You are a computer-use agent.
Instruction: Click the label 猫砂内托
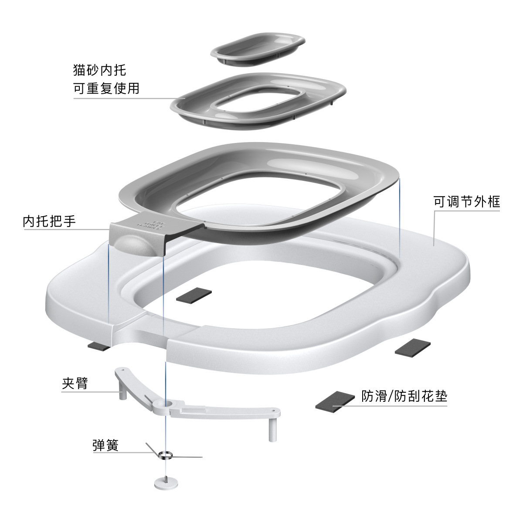click(x=100, y=70)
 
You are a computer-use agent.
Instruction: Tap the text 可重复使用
click(x=106, y=88)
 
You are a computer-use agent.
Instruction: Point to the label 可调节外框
click(x=467, y=201)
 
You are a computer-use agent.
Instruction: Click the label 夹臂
click(x=75, y=384)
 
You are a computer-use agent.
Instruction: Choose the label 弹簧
click(x=105, y=445)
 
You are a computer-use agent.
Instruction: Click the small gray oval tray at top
click(x=258, y=50)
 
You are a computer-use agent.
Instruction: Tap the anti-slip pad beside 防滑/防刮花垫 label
click(x=335, y=401)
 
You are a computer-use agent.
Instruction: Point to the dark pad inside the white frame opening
click(x=194, y=295)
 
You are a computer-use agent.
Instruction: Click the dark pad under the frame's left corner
click(x=100, y=346)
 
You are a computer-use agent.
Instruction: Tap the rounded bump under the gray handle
click(x=133, y=244)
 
